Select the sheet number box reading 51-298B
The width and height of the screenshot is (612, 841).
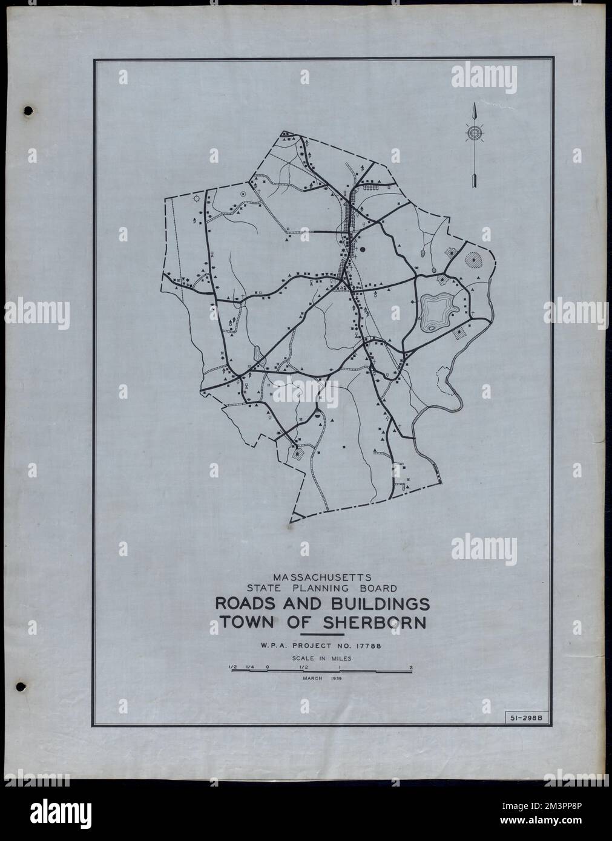pos(524,718)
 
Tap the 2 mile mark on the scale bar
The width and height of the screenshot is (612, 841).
pos(411,667)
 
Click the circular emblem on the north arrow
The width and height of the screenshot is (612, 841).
pos(474,133)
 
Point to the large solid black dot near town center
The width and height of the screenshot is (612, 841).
pos(363,249)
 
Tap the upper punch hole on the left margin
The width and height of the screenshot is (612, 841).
pos(26,110)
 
